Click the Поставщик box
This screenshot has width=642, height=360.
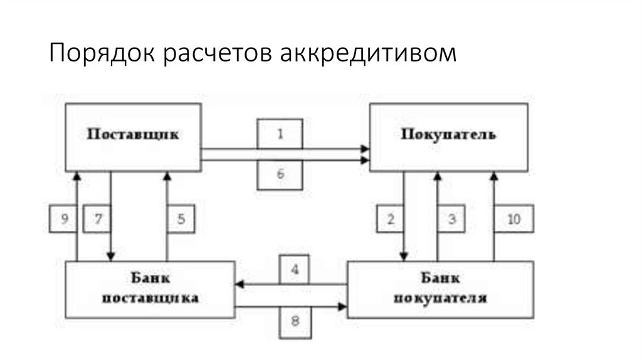point(133,136)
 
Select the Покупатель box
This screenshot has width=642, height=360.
point(448,136)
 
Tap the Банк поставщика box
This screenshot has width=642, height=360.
point(150,288)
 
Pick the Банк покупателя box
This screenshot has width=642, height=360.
point(440,289)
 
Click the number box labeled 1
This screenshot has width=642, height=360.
point(280,133)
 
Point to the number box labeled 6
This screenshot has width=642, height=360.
point(280,174)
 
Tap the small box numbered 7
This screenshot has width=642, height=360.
point(97,220)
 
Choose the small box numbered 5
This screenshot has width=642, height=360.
point(181,220)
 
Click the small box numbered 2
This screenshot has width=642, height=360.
point(391,220)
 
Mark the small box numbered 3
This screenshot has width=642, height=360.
point(451,220)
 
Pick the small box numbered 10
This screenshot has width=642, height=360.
point(513,220)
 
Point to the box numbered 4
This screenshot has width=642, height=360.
point(294,270)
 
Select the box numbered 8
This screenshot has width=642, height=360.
point(294,321)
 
